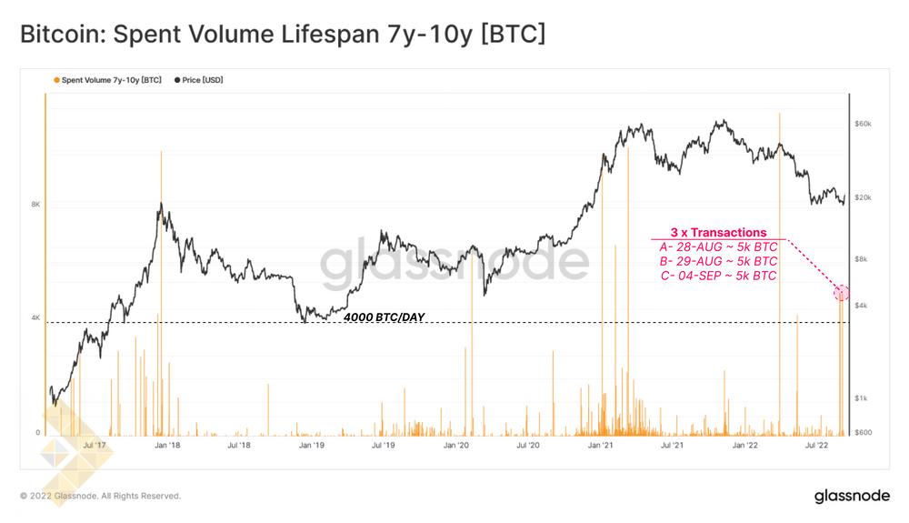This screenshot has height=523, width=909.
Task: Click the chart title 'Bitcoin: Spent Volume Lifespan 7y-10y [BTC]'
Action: pos(283,35)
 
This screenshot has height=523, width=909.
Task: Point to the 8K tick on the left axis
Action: pos(35,205)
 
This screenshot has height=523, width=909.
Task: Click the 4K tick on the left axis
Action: pos(35,318)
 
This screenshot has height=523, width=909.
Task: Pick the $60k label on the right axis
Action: pos(864,123)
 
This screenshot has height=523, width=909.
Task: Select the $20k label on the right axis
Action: pos(864,198)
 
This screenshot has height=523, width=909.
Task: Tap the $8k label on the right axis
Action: pos(862,259)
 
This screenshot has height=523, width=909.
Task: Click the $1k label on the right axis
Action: pos(862,398)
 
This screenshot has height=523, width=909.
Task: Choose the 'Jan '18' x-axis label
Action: pos(166,446)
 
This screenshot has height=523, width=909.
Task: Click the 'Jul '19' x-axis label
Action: pos(382,446)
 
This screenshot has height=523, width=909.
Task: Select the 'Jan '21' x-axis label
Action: pos(600,446)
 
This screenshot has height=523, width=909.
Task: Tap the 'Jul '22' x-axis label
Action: pos(816,446)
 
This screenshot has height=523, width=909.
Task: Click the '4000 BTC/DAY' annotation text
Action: pos(384,317)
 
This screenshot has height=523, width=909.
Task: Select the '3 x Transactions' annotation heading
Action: pos(718,233)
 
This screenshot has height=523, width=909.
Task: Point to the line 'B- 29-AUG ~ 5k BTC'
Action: pos(718,261)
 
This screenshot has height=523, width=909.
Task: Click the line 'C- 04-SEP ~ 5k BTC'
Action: pos(718,276)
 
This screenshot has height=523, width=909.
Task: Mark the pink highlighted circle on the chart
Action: pos(842,293)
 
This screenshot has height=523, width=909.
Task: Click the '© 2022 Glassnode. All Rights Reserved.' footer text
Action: pos(100,496)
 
